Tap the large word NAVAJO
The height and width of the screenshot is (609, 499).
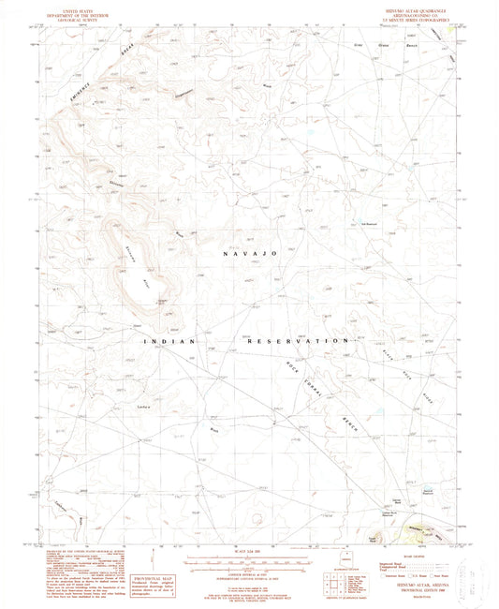[x=248, y=254]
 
